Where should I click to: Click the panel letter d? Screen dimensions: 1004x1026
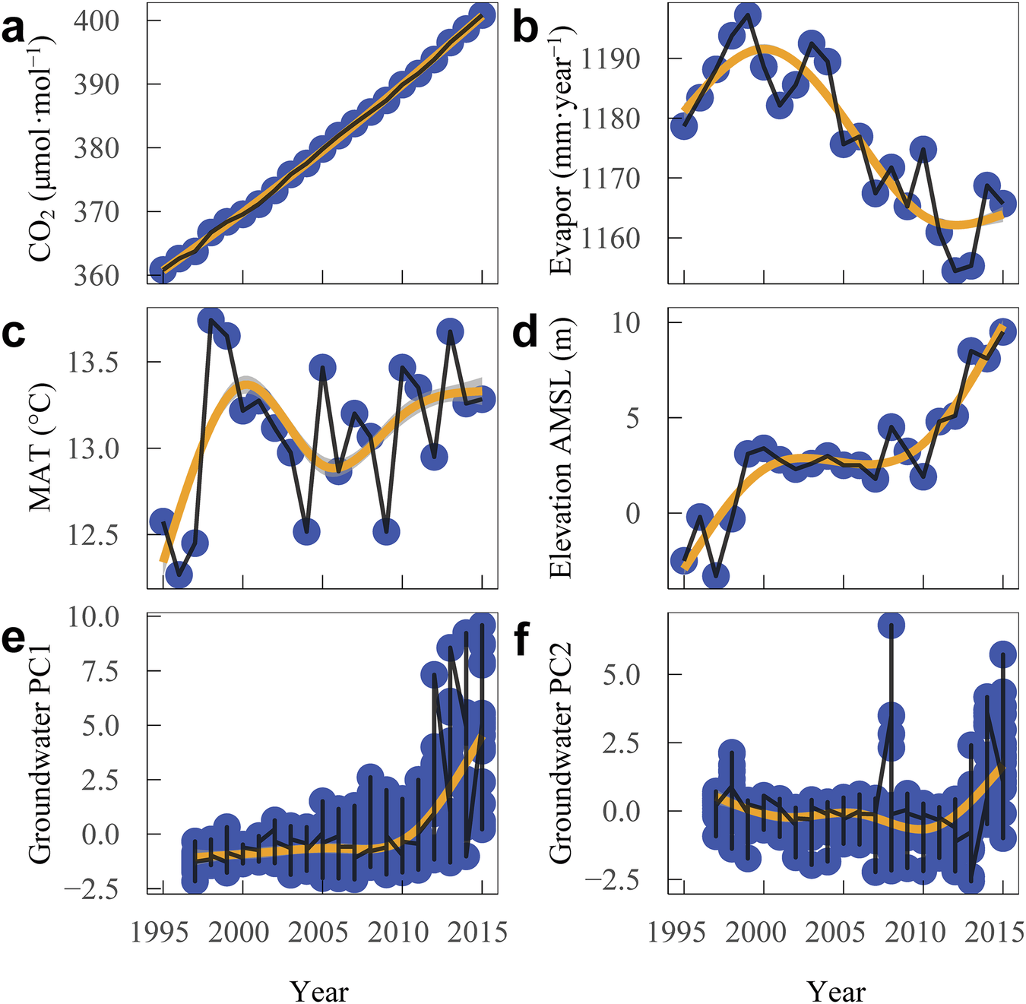coord(525,333)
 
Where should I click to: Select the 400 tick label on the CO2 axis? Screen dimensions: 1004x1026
coord(97,21)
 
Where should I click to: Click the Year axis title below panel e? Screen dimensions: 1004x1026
coord(319,990)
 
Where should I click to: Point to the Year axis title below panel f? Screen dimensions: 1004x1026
coord(836,990)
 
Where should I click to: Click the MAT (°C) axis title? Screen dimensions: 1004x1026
coord(42,448)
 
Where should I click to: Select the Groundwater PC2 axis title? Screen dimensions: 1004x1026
coord(560,752)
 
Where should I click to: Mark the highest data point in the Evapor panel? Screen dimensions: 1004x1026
coord(748,16)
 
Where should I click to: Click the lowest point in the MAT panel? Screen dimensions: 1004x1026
coord(179,575)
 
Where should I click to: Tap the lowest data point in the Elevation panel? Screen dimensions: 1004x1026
coord(715,576)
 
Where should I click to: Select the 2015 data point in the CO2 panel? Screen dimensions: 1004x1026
coord(483,14)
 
